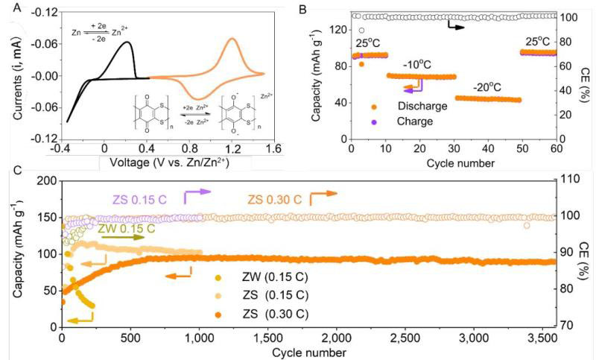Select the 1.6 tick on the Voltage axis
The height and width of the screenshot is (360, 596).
tap(275, 148)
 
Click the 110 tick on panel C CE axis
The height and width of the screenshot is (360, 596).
tap(570, 180)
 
